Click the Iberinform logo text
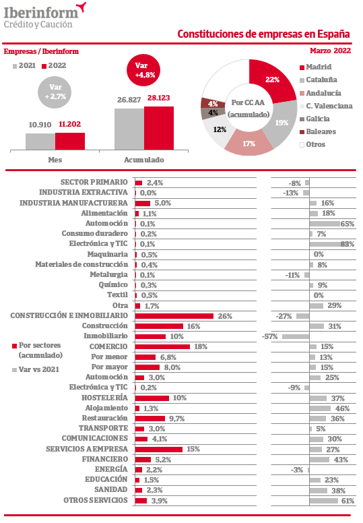click(41, 13)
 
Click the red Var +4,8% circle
click(143, 70)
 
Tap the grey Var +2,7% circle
click(55, 92)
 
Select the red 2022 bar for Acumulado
click(159, 128)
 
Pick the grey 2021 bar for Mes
click(40, 142)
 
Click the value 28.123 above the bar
click(159, 98)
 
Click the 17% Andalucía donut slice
click(249, 144)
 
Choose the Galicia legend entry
click(315, 119)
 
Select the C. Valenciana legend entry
click(326, 106)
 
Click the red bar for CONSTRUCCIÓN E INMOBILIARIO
click(174, 316)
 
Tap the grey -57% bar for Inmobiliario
click(296, 336)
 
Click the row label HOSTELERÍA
click(104, 398)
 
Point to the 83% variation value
click(348, 244)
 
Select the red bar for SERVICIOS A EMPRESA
click(159, 450)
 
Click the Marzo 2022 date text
click(330, 51)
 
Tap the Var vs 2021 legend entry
click(36, 369)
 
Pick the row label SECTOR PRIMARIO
click(94, 182)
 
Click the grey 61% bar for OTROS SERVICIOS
click(324, 501)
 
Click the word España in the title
click(333, 34)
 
